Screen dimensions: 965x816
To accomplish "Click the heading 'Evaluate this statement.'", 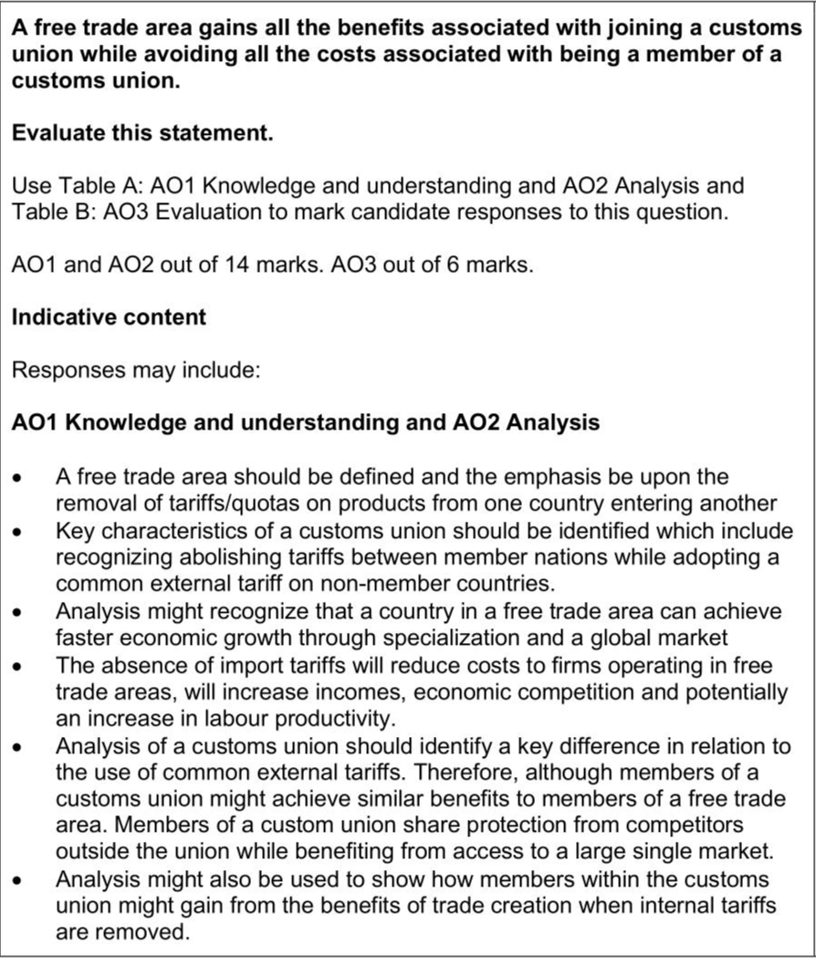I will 142,133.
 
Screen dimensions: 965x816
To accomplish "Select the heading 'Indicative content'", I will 109,317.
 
